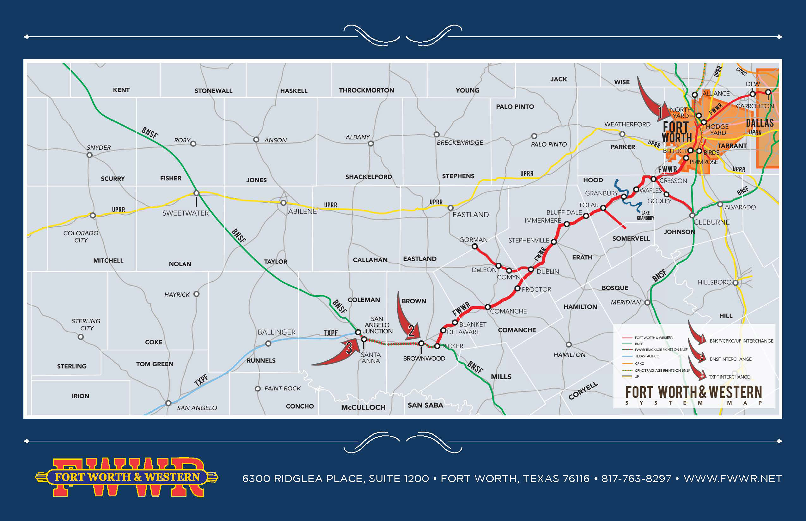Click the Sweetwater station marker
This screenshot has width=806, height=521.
tap(196, 193)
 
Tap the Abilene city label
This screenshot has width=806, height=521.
tap(302, 212)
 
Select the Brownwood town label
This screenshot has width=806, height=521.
tap(424, 358)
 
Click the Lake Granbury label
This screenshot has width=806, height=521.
tap(645, 215)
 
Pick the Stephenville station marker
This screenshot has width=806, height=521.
tap(554, 242)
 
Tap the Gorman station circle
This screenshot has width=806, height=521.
tap(474, 247)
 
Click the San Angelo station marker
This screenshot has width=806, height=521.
tap(168, 403)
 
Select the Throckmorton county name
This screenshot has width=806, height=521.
tap(366, 90)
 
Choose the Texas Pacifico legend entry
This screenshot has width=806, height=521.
tap(647, 356)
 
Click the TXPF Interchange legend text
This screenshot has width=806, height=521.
tap(729, 377)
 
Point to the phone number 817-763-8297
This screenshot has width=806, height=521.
tap(636, 479)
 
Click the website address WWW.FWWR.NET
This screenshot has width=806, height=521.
tap(733, 479)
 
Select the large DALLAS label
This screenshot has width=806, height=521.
tap(760, 123)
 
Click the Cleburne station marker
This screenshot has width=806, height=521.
tap(692, 215)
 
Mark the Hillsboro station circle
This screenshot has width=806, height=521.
tap(735, 283)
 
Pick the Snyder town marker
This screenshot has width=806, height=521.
tap(89, 155)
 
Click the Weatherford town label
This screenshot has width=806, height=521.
tap(627, 124)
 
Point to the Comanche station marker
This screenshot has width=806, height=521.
tap(487, 307)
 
